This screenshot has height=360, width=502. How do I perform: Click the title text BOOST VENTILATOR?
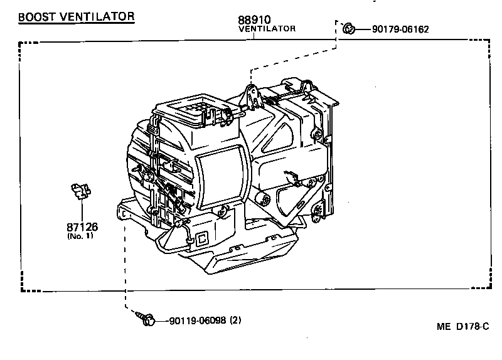click(x=76, y=17)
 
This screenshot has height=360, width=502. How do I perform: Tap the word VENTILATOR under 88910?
click(x=267, y=28)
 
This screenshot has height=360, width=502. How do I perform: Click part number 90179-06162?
click(x=400, y=29)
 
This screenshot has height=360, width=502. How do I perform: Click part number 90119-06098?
click(x=196, y=321)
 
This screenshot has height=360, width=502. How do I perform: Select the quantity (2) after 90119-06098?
click(x=235, y=321)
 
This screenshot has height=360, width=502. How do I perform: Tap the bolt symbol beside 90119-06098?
click(x=147, y=320)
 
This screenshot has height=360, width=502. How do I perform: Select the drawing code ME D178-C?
click(x=462, y=327)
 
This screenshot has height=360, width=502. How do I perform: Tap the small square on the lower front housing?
click(x=203, y=238)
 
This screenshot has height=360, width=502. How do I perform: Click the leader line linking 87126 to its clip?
click(x=82, y=210)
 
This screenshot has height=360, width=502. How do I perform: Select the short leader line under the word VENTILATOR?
click(x=254, y=36)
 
